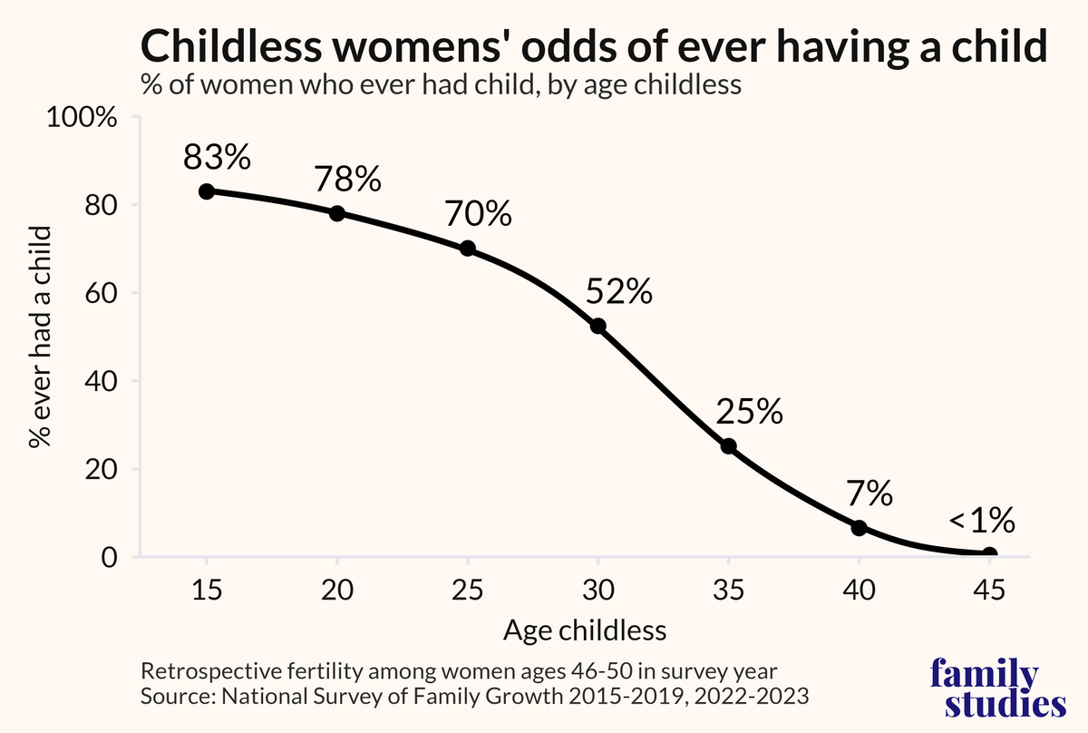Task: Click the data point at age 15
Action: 207,191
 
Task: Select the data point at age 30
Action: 598,326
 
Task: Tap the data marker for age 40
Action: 860,528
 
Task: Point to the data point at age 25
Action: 468,249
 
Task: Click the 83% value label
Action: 217,158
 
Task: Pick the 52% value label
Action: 619,292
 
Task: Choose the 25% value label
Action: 749,413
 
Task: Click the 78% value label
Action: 347,180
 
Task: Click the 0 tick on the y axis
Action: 110,557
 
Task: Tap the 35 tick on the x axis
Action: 728,591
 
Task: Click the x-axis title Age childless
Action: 597,630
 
